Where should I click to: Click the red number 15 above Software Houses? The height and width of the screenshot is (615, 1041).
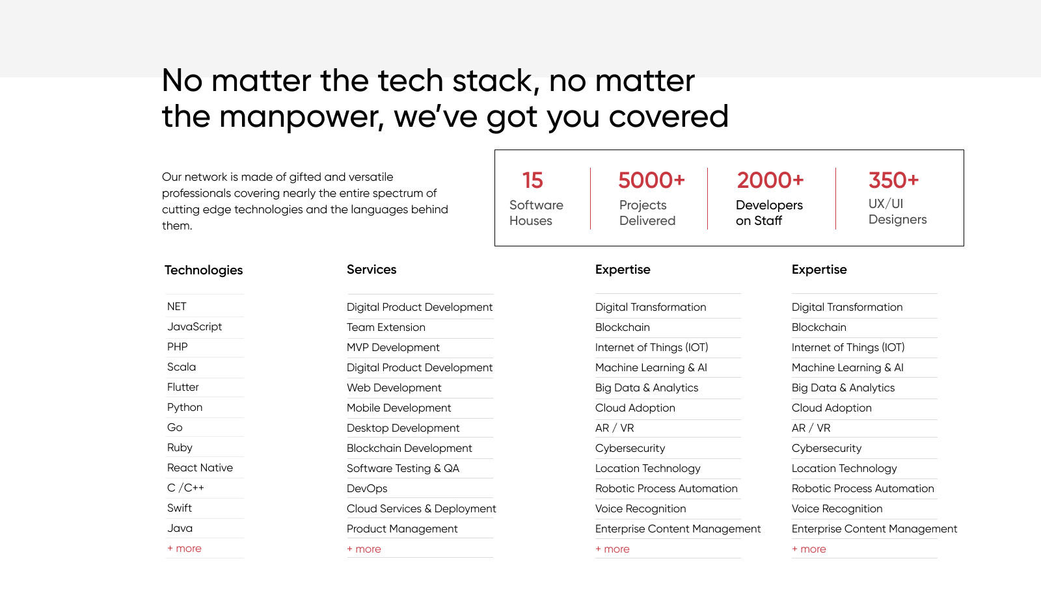tap(532, 180)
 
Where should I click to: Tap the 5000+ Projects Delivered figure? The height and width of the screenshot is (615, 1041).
tap(651, 180)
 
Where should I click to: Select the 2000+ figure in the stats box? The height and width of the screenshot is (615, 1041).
tap(770, 180)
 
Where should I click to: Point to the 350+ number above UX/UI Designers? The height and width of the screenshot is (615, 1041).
tap(894, 180)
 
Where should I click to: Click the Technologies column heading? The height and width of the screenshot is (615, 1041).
tap(204, 270)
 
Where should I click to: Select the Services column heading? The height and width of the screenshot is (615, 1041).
tap(372, 269)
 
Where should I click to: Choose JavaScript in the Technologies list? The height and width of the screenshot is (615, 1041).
tap(195, 326)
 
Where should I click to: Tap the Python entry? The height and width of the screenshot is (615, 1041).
tap(185, 408)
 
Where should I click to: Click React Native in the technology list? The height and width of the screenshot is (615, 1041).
tap(200, 468)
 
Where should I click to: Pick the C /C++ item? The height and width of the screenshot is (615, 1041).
tap(185, 488)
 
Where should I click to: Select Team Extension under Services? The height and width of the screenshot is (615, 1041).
tap(386, 327)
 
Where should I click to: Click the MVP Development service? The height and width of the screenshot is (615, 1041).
tap(393, 347)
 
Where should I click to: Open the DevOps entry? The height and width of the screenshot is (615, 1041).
tap(367, 489)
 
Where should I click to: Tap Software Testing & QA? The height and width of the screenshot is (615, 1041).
tap(403, 468)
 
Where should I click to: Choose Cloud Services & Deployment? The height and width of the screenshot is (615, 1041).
tap(421, 508)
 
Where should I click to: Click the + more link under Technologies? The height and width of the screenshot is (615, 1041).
tap(184, 549)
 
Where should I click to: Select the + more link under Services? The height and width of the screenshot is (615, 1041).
tap(364, 549)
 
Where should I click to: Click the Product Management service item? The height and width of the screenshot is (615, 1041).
tap(402, 529)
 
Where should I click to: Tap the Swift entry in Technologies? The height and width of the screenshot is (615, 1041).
tap(180, 508)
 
